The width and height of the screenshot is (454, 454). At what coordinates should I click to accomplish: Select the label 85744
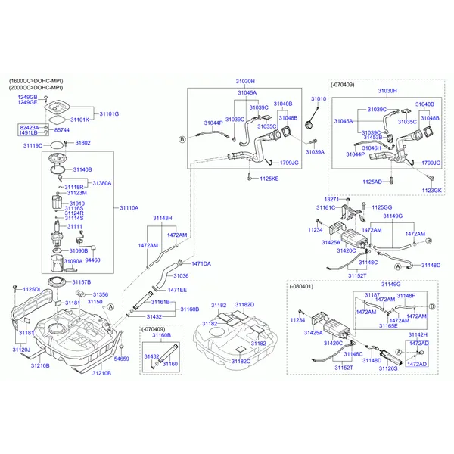tap(63, 131)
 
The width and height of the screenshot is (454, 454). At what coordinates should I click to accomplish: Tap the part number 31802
tap(82, 143)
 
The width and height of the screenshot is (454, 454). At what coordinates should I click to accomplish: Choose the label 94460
tap(92, 260)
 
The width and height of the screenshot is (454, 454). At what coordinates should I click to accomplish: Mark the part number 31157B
tap(82, 282)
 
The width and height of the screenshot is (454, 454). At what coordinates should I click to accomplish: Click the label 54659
tap(121, 359)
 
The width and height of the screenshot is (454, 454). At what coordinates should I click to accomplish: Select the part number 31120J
tap(20, 350)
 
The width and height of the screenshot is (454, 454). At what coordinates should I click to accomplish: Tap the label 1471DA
tap(201, 263)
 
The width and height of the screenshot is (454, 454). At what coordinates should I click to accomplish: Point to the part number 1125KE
tap(269, 179)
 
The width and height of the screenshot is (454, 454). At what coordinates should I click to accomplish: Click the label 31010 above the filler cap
tap(319, 99)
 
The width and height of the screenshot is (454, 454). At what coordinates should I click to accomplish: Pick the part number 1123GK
tap(432, 191)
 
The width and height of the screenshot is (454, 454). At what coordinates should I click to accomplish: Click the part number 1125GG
tap(381, 207)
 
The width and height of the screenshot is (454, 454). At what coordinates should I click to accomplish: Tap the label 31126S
tap(388, 368)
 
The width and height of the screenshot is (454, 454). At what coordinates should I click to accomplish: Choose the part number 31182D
tap(244, 304)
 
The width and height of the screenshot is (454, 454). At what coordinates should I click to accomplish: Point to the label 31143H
tap(163, 218)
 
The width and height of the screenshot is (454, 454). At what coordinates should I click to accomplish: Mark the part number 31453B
tap(374, 137)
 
